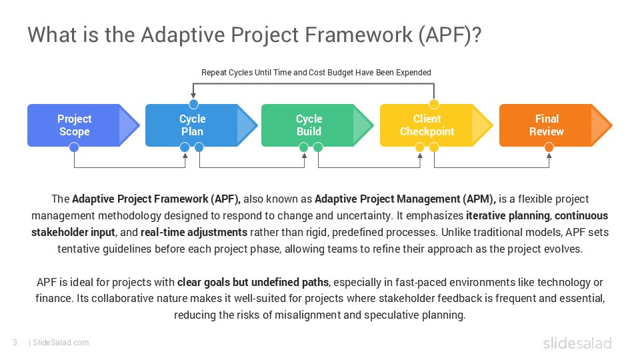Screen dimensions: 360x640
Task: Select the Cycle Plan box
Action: (x=193, y=125)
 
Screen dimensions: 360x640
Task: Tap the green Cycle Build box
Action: (x=309, y=125)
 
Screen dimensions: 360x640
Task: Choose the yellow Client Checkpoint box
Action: (x=427, y=125)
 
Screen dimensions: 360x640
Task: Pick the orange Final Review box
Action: (x=547, y=125)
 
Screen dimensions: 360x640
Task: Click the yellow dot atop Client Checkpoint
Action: (x=434, y=103)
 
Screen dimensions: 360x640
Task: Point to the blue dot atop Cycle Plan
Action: (x=193, y=103)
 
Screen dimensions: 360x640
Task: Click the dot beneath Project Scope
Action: (x=74, y=147)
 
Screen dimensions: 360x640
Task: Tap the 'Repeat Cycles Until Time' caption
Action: (x=316, y=72)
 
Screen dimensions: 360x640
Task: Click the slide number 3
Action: (x=14, y=343)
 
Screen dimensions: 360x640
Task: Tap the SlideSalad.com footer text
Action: (x=61, y=343)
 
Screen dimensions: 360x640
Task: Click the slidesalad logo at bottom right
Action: (x=577, y=343)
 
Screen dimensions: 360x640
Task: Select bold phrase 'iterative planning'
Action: (x=509, y=216)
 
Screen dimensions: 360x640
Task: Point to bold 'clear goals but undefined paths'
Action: (x=253, y=282)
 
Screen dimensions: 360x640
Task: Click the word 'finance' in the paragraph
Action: (x=53, y=298)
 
